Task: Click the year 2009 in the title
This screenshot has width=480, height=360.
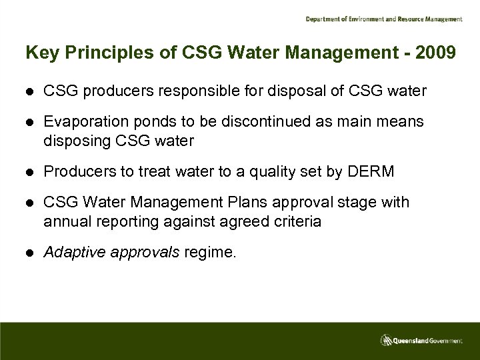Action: (x=438, y=53)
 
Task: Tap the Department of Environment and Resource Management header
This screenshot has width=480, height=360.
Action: (x=383, y=19)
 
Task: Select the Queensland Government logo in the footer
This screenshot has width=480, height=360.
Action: (x=421, y=341)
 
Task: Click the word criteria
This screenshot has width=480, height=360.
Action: (x=296, y=221)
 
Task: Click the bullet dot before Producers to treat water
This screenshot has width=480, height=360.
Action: (x=29, y=172)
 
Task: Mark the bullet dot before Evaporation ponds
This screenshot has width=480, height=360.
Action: (x=29, y=121)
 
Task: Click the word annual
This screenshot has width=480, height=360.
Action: (x=65, y=221)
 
